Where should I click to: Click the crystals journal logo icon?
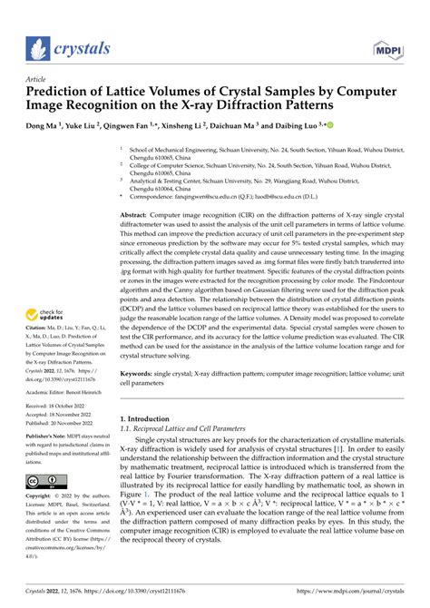(x=36, y=47)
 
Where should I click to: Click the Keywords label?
(x=140, y=371)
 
